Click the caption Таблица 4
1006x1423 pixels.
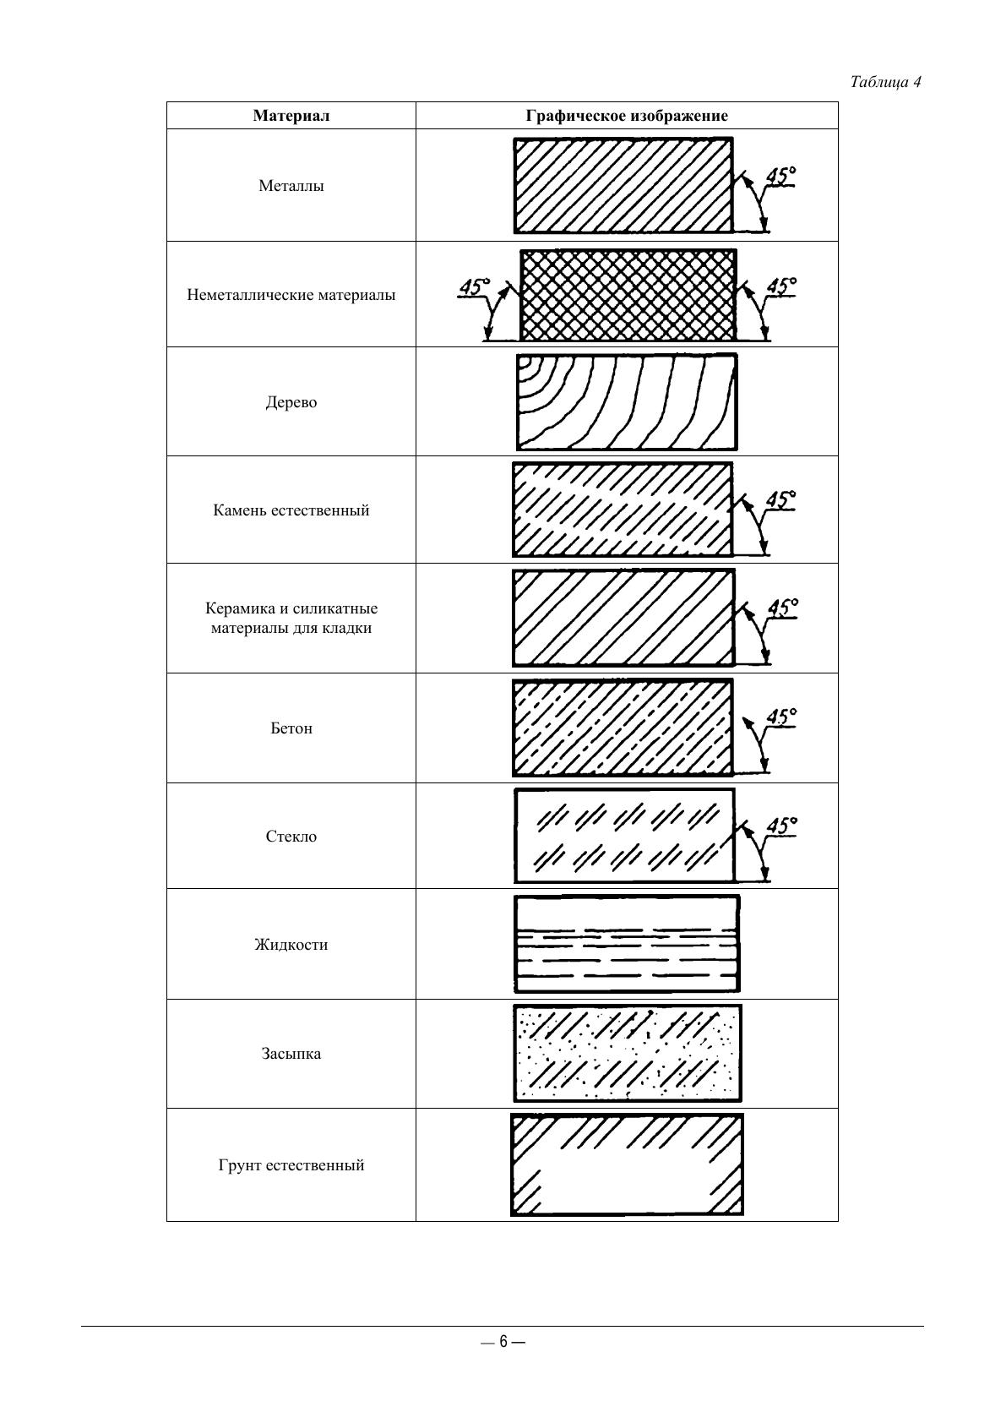click(x=885, y=82)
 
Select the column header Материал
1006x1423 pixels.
click(x=291, y=116)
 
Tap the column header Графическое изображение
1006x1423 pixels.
click(x=627, y=116)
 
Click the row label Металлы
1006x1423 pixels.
click(x=291, y=186)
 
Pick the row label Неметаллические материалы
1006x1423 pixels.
click(x=291, y=295)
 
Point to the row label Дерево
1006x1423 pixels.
click(x=291, y=402)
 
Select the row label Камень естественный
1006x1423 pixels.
click(x=291, y=510)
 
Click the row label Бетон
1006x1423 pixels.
click(x=291, y=728)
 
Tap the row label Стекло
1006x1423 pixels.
click(x=291, y=837)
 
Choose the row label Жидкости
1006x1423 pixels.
click(x=291, y=945)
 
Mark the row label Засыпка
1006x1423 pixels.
click(x=291, y=1054)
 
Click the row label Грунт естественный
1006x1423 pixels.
click(x=291, y=1165)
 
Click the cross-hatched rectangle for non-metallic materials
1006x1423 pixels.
click(x=628, y=295)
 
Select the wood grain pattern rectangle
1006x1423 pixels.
click(x=626, y=402)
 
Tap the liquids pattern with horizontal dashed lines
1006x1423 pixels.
click(x=627, y=944)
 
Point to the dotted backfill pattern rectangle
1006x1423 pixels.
click(x=627, y=1053)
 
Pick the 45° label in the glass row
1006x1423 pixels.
click(x=781, y=825)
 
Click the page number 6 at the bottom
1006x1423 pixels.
click(x=503, y=1342)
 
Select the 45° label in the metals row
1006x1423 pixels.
click(x=781, y=176)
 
